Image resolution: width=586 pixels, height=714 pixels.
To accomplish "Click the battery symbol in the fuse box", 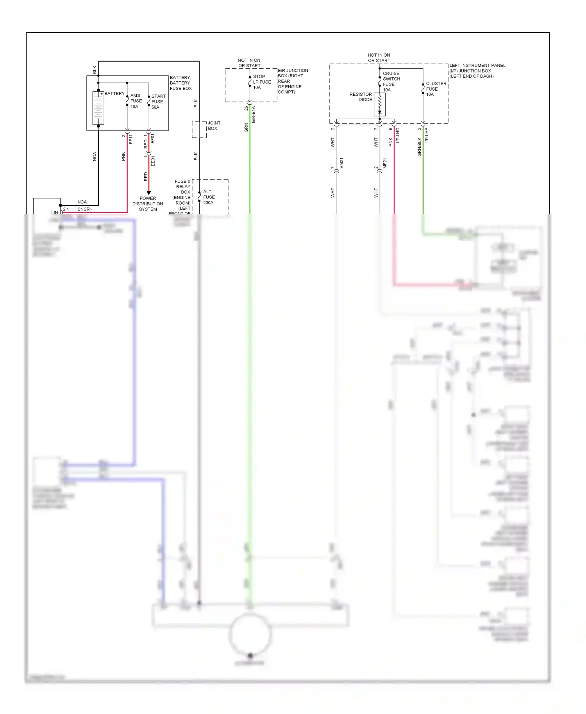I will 98,108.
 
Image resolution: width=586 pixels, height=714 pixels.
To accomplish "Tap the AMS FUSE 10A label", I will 136,101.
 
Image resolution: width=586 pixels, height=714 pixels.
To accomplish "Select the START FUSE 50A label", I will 158,102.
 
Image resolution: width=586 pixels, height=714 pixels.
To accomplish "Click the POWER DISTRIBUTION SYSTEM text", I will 148,203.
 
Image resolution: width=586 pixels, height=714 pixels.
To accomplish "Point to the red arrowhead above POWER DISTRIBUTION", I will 148,193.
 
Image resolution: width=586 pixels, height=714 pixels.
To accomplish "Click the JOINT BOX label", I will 213,125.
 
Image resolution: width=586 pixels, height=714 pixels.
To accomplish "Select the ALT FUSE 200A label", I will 209,197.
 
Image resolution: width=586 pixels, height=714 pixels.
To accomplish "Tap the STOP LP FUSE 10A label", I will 261,82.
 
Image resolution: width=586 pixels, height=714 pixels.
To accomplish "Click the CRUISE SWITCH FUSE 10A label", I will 391,81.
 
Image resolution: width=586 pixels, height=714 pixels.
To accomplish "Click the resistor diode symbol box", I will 379,104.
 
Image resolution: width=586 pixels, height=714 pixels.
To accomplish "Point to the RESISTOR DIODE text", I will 361,97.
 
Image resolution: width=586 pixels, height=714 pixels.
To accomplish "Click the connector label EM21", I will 341,163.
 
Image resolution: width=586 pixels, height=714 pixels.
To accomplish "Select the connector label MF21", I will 385,163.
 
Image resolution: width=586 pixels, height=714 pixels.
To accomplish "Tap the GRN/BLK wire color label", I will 420,147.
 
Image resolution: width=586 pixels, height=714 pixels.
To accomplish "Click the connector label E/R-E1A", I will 253,114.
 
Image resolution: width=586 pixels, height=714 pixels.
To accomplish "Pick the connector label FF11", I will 131,139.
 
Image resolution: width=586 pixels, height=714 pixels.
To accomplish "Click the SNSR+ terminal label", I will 85,209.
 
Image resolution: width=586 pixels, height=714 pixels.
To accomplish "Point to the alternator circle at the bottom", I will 250,634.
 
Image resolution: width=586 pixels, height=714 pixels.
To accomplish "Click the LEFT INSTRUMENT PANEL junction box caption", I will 477,71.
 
